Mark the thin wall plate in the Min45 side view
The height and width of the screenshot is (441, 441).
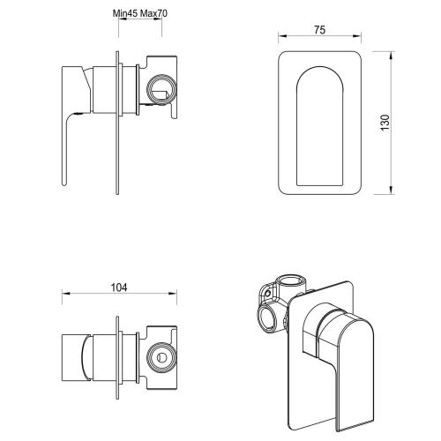(115, 123)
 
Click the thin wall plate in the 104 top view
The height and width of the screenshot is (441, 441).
(115, 353)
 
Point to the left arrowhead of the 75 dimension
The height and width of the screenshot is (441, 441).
(280, 38)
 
